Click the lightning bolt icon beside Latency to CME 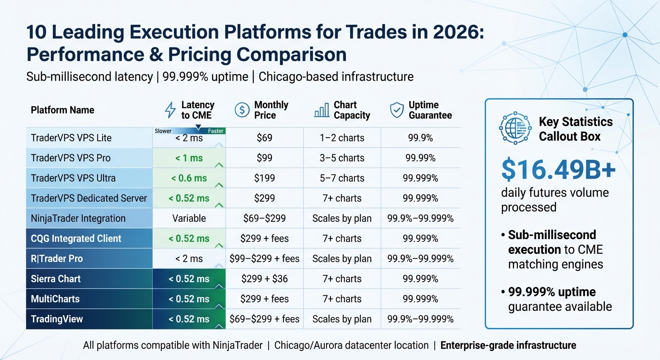click(170, 110)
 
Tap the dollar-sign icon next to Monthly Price click(242, 110)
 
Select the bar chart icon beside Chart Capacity click(321, 111)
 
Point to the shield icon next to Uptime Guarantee click(397, 110)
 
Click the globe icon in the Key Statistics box click(515, 128)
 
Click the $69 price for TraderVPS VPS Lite click(264, 138)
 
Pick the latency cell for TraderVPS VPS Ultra click(189, 178)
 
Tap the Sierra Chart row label click(56, 279)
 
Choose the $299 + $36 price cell click(264, 279)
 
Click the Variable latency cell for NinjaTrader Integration click(189, 218)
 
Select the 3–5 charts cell click(342, 158)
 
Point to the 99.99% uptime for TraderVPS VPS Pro click(420, 158)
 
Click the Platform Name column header click(62, 110)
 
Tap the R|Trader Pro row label click(57, 259)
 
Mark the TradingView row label click(57, 319)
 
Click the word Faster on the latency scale click(216, 131)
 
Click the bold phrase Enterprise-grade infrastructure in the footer click(508, 345)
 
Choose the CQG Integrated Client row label click(76, 239)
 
